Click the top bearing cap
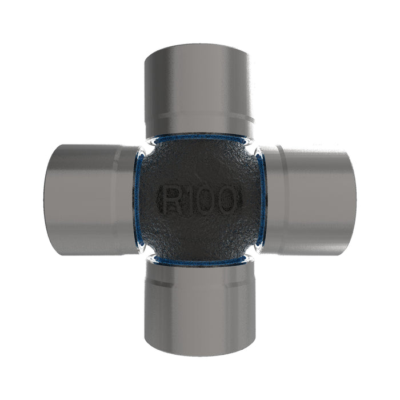[199, 90]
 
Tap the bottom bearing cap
[200, 309]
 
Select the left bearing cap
[92, 200]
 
